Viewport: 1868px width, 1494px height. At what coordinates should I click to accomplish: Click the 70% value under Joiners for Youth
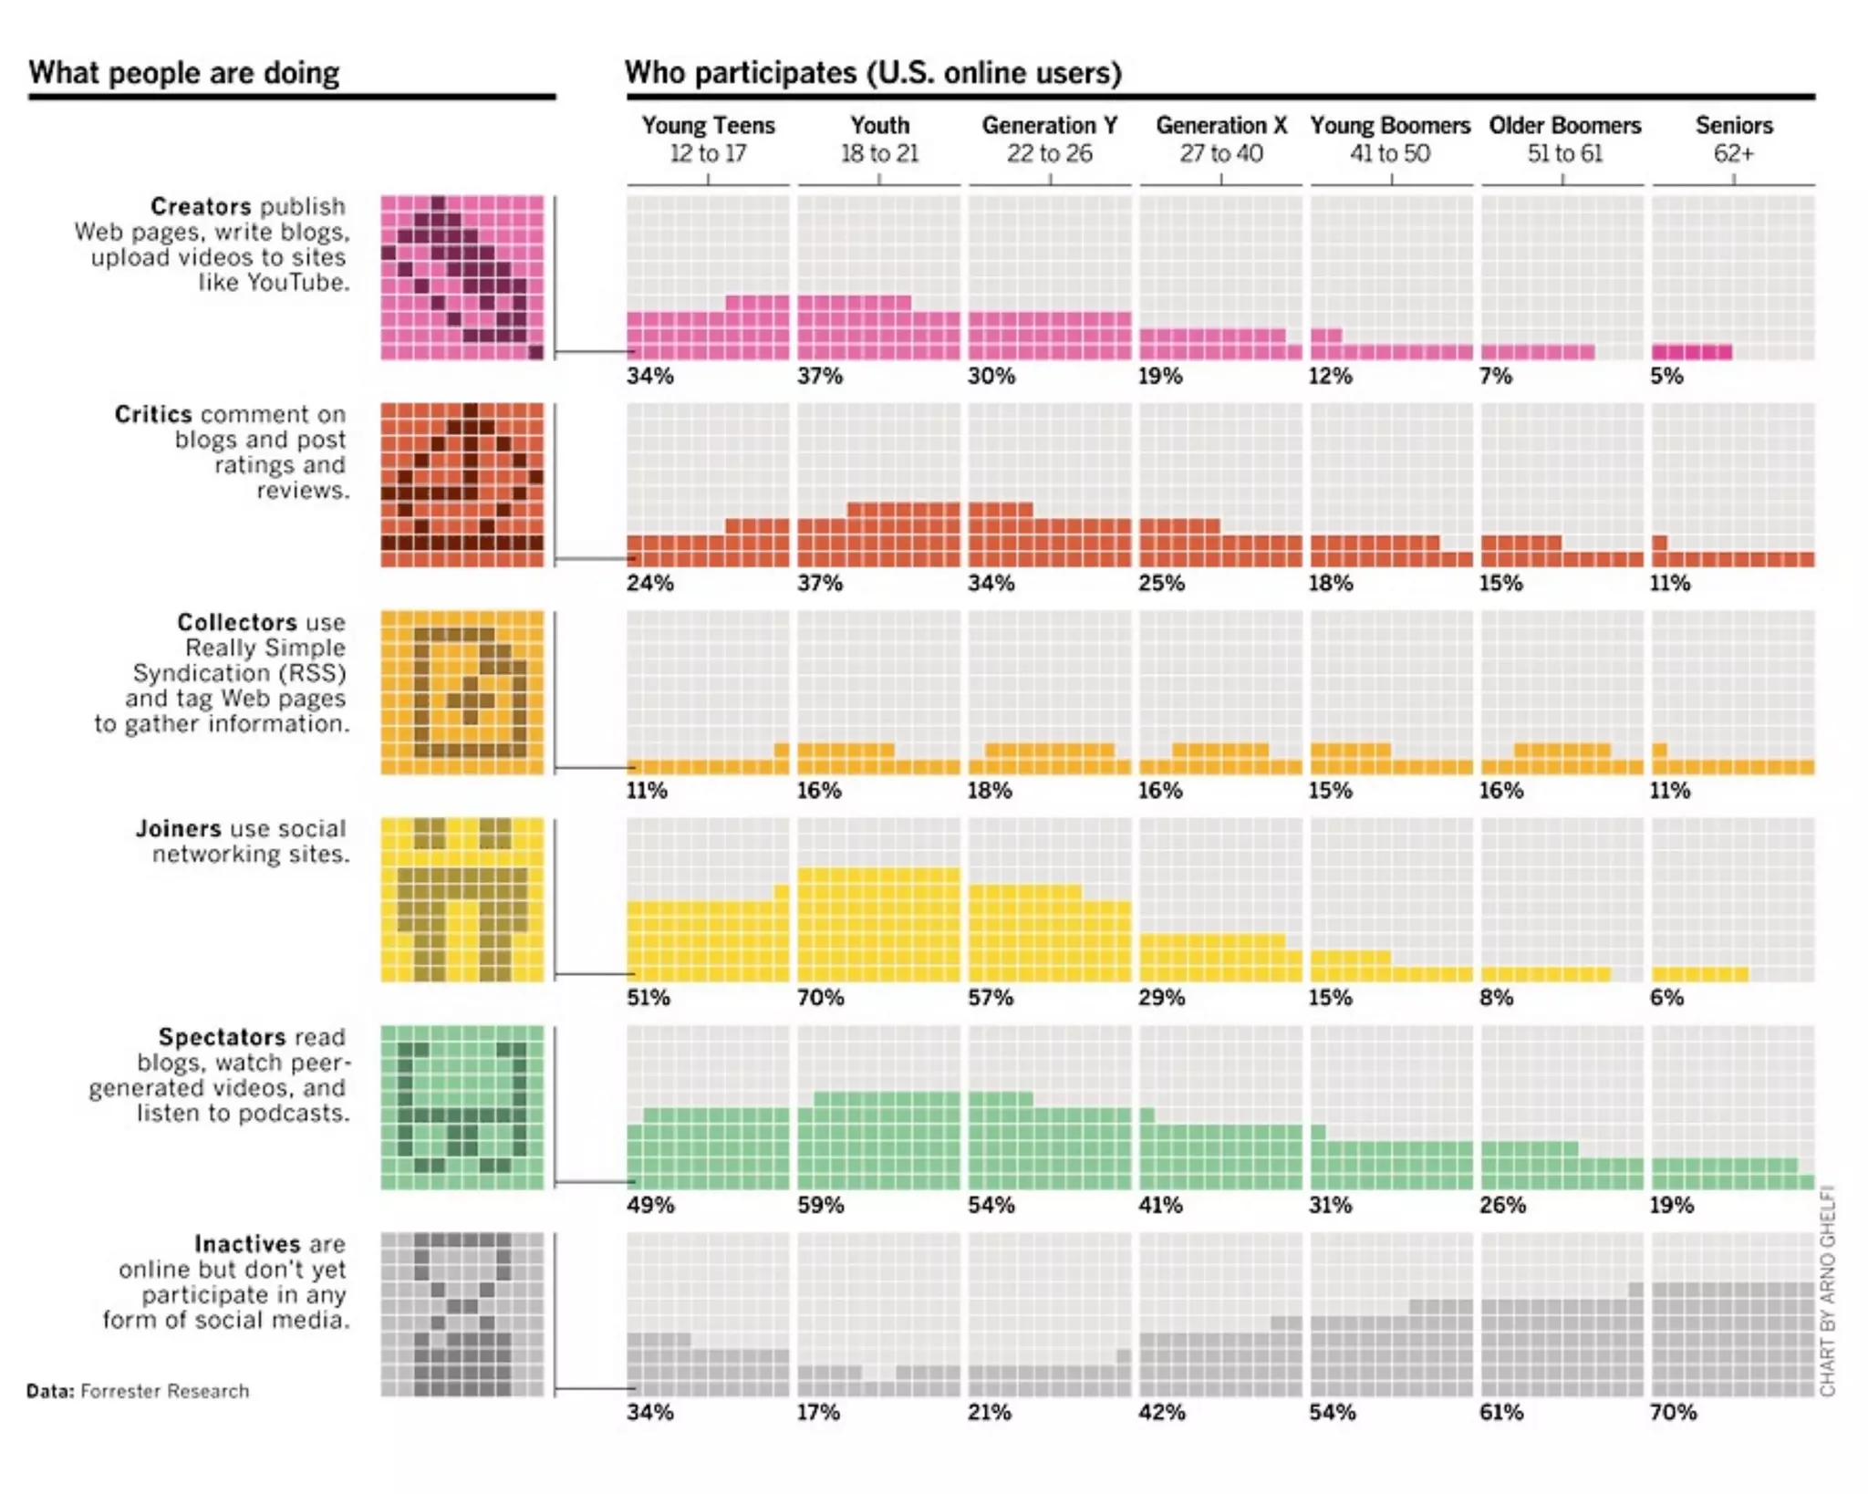820,997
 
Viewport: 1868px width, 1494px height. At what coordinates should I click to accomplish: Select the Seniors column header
1733,126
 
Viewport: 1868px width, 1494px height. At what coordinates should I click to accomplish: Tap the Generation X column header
1220,126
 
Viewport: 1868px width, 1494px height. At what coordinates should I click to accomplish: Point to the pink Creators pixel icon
462,277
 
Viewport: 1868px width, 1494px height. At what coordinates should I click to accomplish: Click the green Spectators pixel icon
462,1107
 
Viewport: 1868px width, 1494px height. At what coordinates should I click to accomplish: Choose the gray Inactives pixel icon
462,1314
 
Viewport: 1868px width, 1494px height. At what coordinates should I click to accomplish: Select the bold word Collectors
236,623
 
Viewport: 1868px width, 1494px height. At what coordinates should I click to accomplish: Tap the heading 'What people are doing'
184,73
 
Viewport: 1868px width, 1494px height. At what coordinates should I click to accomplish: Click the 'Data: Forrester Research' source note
138,1391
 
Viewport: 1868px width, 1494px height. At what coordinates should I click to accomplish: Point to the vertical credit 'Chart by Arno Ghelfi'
1827,1291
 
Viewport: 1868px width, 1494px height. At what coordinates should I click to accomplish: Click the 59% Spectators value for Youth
820,1205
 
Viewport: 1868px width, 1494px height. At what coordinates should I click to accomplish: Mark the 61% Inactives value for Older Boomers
1501,1412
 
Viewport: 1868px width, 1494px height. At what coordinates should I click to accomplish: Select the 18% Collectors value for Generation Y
991,790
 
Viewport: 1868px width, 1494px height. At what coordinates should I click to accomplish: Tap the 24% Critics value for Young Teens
649,583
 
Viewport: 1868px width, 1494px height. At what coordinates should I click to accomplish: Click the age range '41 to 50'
1390,154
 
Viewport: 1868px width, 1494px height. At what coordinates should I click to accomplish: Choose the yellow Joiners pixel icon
462,900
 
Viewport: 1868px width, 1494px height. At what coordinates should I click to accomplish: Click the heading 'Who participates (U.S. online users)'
873,73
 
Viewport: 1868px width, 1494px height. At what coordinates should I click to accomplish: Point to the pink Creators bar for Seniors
1692,352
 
